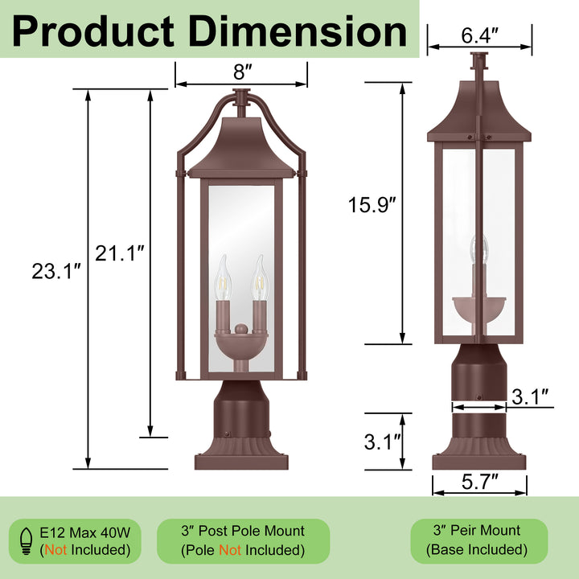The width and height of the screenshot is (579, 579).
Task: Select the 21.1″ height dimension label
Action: pos(120,255)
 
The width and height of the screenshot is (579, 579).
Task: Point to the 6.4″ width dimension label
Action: pos(479,36)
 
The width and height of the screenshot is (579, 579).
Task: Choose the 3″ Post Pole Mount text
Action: pos(242,531)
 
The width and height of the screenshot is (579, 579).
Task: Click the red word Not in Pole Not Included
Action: pos(230,550)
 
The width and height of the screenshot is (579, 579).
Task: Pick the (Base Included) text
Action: pos(480,550)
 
